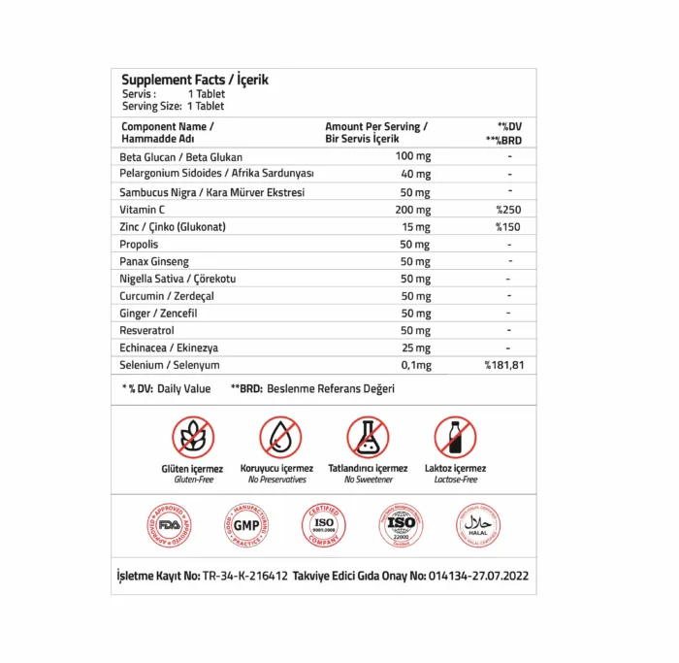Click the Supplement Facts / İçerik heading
[195, 80]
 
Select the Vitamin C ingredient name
[143, 209]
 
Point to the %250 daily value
[508, 209]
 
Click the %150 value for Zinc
[508, 226]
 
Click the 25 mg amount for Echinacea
[415, 348]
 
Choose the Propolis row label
[139, 244]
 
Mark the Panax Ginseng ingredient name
[154, 261]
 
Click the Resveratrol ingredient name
[146, 330]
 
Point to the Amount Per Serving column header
[375, 127]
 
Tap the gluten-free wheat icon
[193, 437]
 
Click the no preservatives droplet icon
[280, 437]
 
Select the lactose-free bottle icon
[455, 437]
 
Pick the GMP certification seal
[242, 525]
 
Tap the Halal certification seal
[477, 525]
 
